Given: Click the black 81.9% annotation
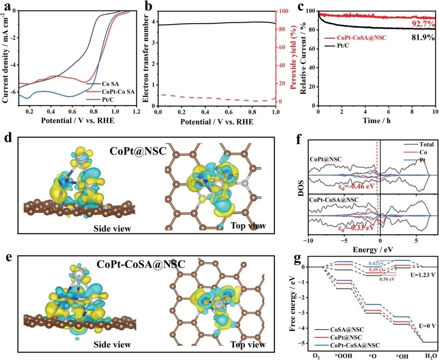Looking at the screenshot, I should (x=419, y=39).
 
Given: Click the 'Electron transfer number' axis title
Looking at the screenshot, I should (x=148, y=57).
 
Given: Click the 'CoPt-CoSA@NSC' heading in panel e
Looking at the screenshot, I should (x=141, y=264).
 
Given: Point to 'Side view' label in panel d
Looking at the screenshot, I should (x=112, y=229).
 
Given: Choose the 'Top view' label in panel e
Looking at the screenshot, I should (x=248, y=345).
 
